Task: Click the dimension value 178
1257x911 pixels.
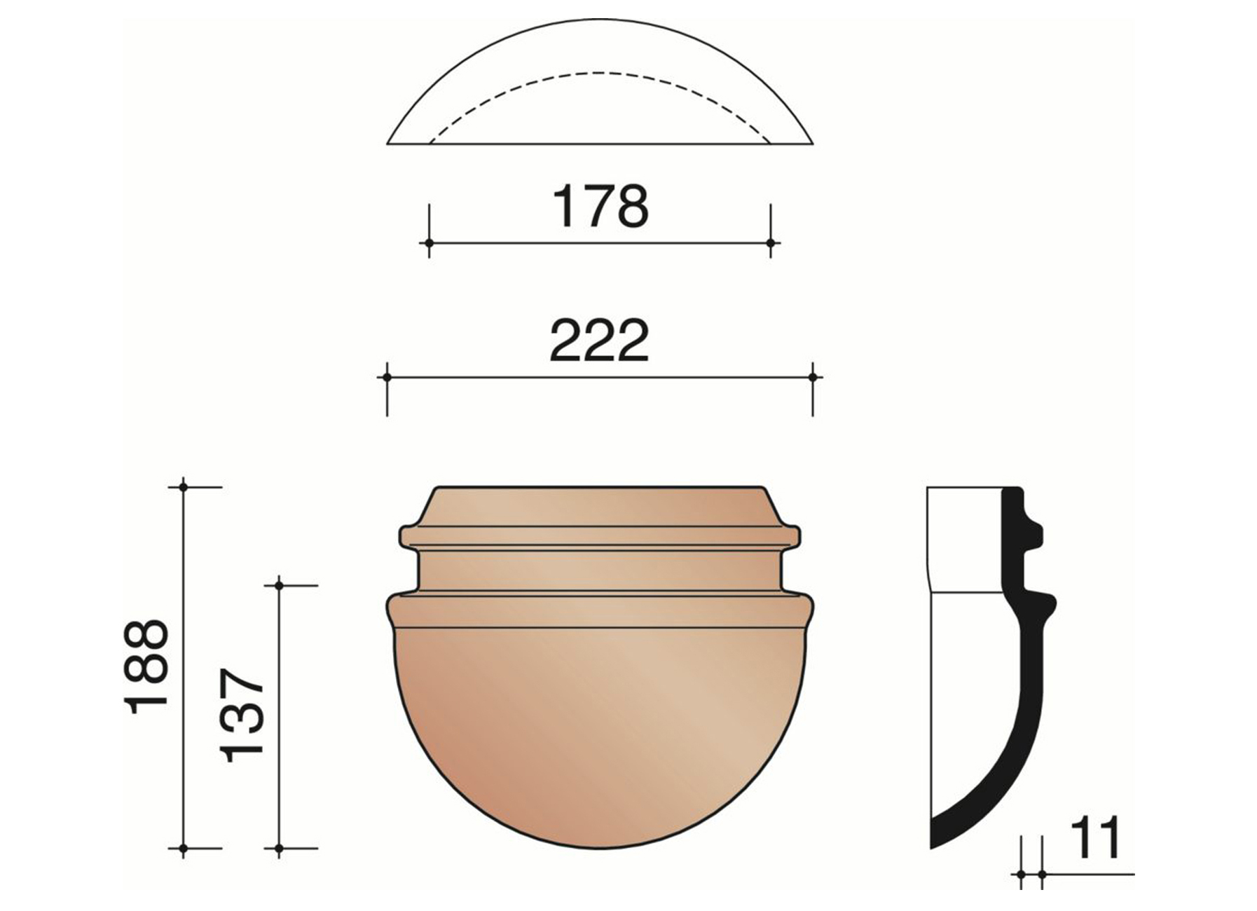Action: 600,207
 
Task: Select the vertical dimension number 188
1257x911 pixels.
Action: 147,666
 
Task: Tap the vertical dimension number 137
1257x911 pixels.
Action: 242,715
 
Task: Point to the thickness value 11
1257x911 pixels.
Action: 1095,838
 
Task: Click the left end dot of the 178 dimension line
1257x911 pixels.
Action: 429,243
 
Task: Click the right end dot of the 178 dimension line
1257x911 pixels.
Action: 771,243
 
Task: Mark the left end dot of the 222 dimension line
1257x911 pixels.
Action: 387,377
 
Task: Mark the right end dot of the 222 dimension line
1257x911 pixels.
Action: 813,377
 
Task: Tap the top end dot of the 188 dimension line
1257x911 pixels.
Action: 184,486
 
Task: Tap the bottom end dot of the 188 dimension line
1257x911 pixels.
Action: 184,849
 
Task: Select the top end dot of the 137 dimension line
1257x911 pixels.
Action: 279,585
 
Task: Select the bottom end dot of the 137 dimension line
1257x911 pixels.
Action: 279,849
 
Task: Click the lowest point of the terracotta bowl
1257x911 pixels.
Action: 600,849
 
